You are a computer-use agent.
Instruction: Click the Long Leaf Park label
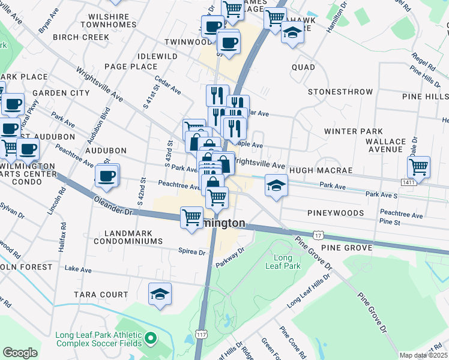tap(279, 262)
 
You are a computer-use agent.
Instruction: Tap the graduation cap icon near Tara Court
tap(160, 295)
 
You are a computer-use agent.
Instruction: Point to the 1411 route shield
tap(408, 182)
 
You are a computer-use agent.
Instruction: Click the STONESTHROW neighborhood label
tap(340, 92)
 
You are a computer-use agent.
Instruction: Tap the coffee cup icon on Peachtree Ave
tap(107, 176)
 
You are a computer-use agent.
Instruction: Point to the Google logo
tap(20, 353)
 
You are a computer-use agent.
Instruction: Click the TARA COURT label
tap(101, 295)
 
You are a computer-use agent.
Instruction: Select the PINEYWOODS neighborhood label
tap(336, 213)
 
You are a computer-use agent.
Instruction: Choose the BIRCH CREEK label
tap(81, 37)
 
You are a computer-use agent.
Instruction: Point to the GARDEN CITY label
tap(61, 93)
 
